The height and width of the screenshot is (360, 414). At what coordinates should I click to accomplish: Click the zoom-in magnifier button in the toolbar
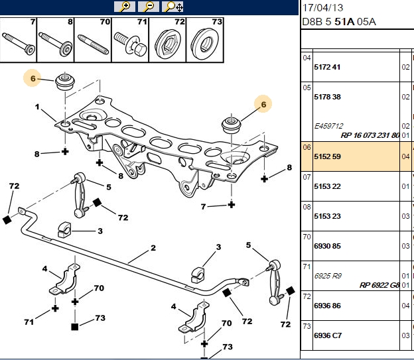pyautogui.click(x=124, y=7)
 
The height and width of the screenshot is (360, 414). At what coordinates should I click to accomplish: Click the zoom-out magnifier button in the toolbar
pyautogui.click(x=149, y=7)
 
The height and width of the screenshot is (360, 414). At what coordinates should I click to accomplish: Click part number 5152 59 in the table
pyautogui.click(x=327, y=156)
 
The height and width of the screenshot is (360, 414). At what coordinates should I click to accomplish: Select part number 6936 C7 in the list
pyautogui.click(x=328, y=335)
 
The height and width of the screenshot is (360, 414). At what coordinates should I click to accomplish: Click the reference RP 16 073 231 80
pyautogui.click(x=370, y=135)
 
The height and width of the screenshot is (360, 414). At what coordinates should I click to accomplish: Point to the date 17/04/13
pyautogui.click(x=322, y=8)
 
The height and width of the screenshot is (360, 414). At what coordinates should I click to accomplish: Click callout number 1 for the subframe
pyautogui.click(x=37, y=107)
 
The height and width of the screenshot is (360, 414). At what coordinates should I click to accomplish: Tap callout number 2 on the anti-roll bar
pyautogui.click(x=153, y=248)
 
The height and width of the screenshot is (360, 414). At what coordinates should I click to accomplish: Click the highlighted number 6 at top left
pyautogui.click(x=33, y=78)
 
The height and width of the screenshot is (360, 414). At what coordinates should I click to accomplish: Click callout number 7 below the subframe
pyautogui.click(x=203, y=206)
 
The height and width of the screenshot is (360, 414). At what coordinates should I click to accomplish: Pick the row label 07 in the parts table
pyautogui.click(x=307, y=177)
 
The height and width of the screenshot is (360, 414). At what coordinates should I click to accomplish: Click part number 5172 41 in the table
pyautogui.click(x=327, y=67)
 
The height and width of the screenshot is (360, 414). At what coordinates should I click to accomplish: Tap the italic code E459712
pyautogui.click(x=328, y=126)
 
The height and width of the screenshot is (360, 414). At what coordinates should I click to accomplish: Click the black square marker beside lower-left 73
pyautogui.click(x=75, y=327)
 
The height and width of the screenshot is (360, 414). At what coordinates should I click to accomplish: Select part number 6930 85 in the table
pyautogui.click(x=327, y=246)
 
